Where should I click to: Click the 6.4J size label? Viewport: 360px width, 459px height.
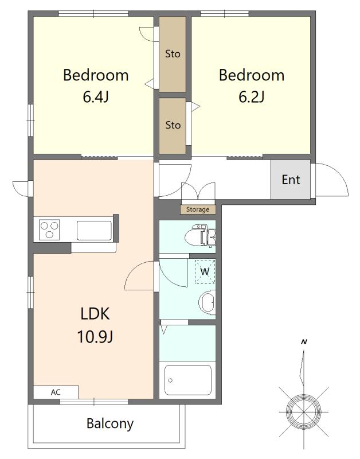[96, 97]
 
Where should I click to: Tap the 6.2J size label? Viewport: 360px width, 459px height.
[252, 97]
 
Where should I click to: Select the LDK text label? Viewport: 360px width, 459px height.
[95, 313]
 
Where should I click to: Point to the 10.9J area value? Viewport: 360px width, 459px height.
[95, 336]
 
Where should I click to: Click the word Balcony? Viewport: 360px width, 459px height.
[110, 423]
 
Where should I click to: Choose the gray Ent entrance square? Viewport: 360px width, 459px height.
[291, 180]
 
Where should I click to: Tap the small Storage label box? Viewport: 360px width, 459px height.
[198, 209]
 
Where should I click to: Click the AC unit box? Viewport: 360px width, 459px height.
[56, 392]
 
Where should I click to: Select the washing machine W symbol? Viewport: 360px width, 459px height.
[205, 271]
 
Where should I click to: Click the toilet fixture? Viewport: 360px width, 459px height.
[201, 235]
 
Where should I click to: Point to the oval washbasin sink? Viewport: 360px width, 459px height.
[207, 302]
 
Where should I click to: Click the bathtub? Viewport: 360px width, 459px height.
[188, 380]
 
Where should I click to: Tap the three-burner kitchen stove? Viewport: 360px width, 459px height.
[50, 229]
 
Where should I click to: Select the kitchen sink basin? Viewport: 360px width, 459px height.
[94, 231]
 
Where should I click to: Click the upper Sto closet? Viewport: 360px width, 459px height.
[173, 54]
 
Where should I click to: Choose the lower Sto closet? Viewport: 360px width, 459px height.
[173, 126]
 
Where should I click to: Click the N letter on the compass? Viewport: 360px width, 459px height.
[304, 342]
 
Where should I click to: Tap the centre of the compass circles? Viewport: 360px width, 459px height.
[304, 412]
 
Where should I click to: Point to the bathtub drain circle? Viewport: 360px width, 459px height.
[170, 380]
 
